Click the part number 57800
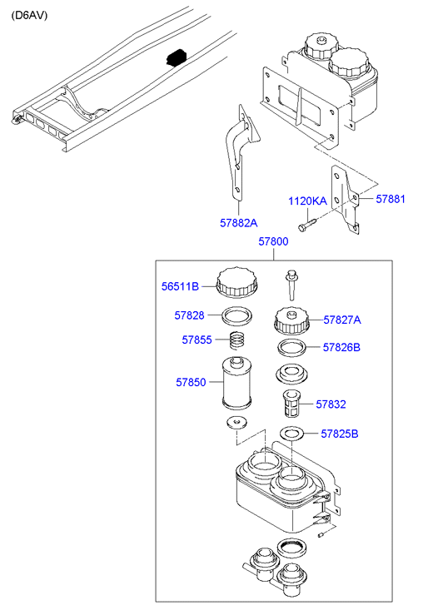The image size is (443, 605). coord(273,241)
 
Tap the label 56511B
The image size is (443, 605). coord(180,286)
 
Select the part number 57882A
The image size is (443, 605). coord(239,223)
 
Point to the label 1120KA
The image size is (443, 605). coord(308,201)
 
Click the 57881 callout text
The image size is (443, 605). coord(391,199)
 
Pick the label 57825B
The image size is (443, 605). coord(340,434)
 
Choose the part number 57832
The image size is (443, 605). coord(331,404)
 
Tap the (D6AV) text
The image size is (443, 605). coord(29,16)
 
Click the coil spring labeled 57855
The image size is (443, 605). coord(238,340)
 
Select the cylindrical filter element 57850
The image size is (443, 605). coord(236,383)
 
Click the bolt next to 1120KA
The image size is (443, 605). coord(307,224)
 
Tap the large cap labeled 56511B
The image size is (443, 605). coord(237,283)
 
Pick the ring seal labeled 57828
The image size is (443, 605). coord(237,316)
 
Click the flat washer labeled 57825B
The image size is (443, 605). coord(291,434)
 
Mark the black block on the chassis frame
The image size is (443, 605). coord(177,57)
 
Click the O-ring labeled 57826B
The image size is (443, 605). coord(292,348)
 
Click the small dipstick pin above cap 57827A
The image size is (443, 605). coord(291,285)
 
